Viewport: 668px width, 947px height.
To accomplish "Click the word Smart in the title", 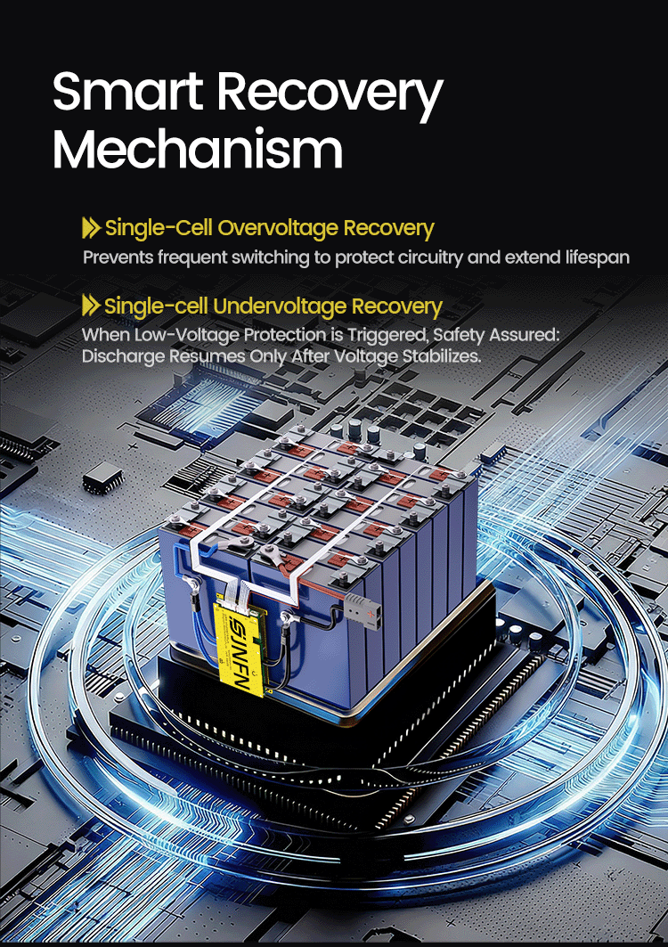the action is [127, 92].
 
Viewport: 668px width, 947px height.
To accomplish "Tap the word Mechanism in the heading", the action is [198, 149].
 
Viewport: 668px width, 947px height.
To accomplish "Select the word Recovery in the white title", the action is [330, 96].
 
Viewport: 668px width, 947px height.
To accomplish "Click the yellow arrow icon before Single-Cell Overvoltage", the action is [91, 228].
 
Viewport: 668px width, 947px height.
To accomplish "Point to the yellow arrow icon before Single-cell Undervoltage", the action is [91, 305].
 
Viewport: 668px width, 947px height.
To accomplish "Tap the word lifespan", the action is [598, 257].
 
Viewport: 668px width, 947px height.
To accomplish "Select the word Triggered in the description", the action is [380, 335].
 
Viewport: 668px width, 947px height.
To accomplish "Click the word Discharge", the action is [123, 356].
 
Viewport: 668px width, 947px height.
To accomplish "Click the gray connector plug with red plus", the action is [363, 611].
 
